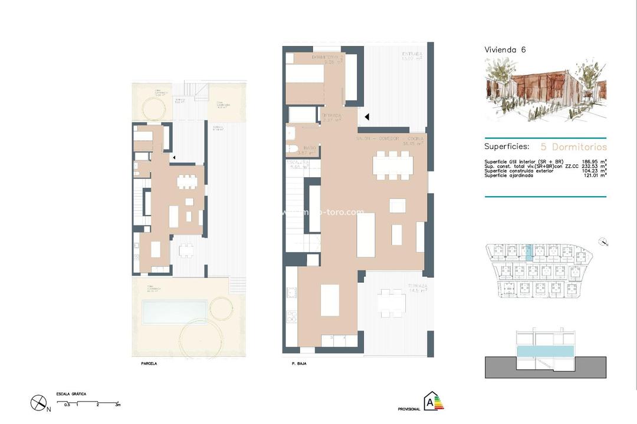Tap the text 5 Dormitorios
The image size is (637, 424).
point(574,147)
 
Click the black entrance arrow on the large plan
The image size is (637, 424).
point(366,117)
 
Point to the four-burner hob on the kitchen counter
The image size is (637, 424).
point(290,317)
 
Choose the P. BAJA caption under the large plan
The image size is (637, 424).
point(299,364)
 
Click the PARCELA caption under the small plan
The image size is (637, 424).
point(149,364)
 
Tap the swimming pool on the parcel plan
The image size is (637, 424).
point(175,309)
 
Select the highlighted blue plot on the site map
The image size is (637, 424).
point(528,253)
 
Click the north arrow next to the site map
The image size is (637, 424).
point(602,241)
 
